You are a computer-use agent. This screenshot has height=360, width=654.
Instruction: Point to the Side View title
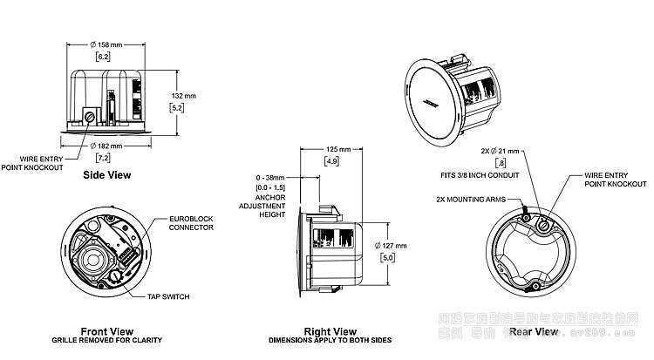[106, 175]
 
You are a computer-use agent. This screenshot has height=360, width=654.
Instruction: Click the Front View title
[106, 331]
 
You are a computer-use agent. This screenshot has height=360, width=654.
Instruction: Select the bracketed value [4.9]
[331, 162]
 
